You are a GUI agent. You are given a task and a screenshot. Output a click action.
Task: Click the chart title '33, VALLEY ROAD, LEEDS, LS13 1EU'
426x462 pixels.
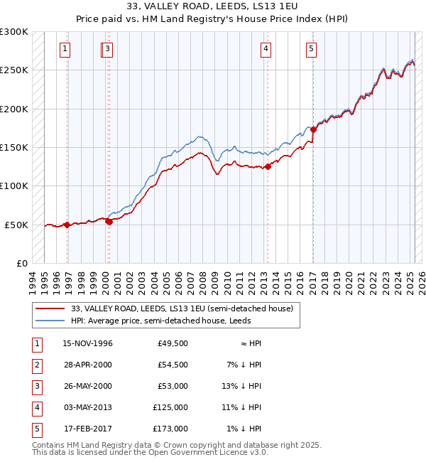(212, 7)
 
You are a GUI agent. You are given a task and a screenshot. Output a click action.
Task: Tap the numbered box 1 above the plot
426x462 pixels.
(65, 49)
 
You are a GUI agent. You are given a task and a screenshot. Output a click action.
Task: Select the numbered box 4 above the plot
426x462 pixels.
(266, 49)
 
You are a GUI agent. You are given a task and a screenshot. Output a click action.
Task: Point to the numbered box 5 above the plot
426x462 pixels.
(312, 49)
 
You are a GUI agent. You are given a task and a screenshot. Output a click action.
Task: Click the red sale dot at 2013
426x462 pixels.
(268, 166)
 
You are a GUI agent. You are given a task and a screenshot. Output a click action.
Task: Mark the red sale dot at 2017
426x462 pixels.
(313, 130)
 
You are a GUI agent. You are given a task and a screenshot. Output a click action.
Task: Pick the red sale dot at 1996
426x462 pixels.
(67, 225)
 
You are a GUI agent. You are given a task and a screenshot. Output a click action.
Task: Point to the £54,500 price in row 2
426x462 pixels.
(172, 365)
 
